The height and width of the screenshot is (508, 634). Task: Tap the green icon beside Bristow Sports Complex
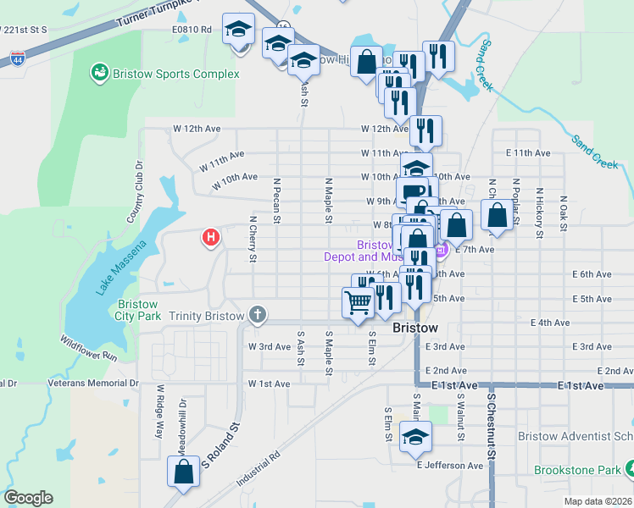pyautogui.click(x=101, y=74)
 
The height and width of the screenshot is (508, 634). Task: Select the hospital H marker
pyautogui.click(x=211, y=238)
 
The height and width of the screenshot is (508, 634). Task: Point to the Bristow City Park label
pyautogui.click(x=139, y=310)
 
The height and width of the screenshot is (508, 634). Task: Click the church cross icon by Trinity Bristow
pyautogui.click(x=258, y=316)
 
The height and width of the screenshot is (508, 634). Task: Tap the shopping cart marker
pyautogui.click(x=358, y=301)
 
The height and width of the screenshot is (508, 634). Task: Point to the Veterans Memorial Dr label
pyautogui.click(x=93, y=383)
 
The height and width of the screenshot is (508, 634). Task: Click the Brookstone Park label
pyautogui.click(x=577, y=470)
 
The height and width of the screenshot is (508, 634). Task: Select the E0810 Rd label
pyautogui.click(x=192, y=29)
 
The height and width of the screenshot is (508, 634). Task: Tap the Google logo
pyautogui.click(x=28, y=498)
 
